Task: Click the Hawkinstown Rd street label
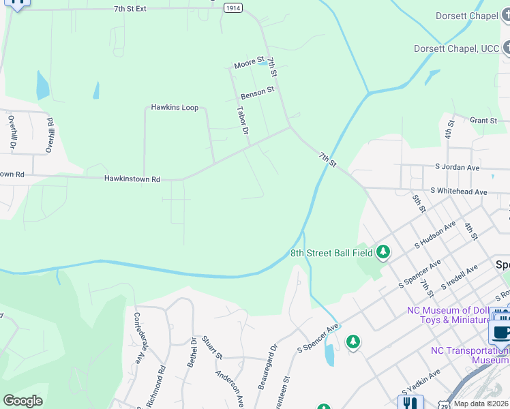coord(132,179)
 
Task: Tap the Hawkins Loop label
coord(175,108)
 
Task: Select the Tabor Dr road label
coord(241,120)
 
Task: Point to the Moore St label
coord(248,63)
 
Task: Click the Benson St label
coord(257,92)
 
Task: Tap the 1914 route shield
coord(233,7)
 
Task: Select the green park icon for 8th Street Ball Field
coord(383,253)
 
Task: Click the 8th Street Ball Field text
coord(332,254)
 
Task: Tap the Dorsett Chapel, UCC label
coord(456,48)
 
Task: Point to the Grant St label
coord(483,121)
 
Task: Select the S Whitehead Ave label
coord(459,192)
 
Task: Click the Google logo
coord(22,401)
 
